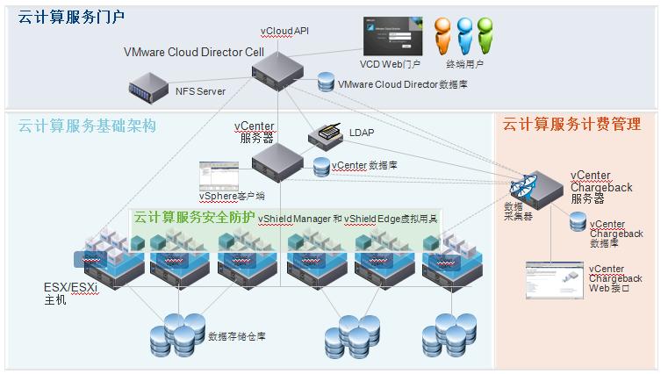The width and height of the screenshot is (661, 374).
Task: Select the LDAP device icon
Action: pos(327,134)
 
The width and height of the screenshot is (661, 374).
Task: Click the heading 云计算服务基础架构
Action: pos(87,126)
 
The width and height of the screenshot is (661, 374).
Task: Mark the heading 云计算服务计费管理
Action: pos(571,126)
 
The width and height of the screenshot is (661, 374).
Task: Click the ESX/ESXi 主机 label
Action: pos(71,292)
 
